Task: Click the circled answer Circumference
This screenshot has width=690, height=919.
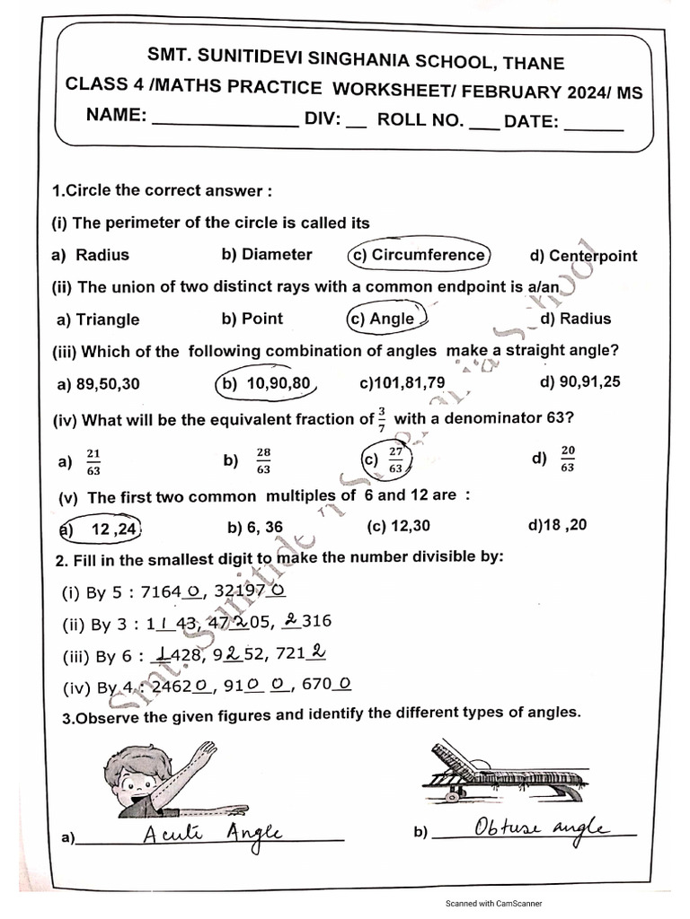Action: (x=420, y=255)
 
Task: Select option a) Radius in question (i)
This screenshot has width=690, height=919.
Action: (x=92, y=255)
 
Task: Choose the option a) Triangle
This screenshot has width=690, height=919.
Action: (x=98, y=319)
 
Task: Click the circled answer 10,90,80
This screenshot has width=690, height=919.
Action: (x=267, y=384)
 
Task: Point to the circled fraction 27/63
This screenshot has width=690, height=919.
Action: (x=395, y=460)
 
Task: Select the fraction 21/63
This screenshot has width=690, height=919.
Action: (x=94, y=461)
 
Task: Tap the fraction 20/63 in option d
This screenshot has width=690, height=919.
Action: (x=567, y=459)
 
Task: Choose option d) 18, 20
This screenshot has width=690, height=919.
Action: (x=558, y=525)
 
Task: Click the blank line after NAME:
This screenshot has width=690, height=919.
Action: (x=225, y=124)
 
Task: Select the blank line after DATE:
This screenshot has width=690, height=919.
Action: (x=593, y=127)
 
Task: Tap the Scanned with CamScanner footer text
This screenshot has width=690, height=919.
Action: (x=494, y=904)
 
